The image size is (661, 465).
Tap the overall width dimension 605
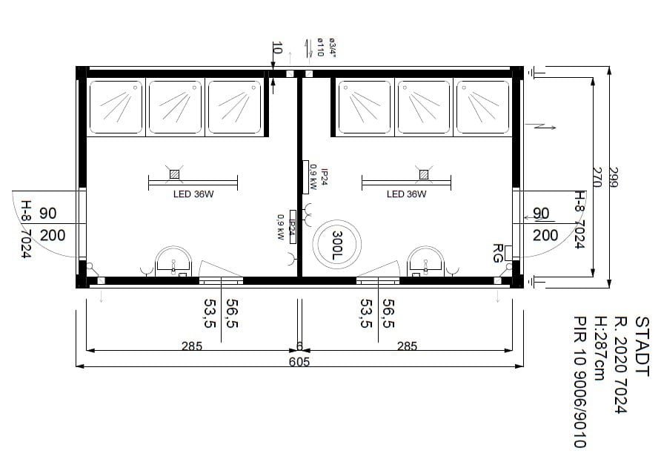[299, 361]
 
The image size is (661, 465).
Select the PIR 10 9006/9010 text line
[579, 382]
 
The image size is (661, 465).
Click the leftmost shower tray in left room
[116, 107]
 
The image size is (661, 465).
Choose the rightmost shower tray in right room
[482, 107]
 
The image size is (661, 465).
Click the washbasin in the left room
[173, 262]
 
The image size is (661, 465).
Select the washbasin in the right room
[425, 262]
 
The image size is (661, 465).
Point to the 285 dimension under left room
[192, 346]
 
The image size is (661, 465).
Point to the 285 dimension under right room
[406, 346]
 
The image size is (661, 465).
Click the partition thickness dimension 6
[299, 346]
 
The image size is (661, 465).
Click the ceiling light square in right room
[424, 174]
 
